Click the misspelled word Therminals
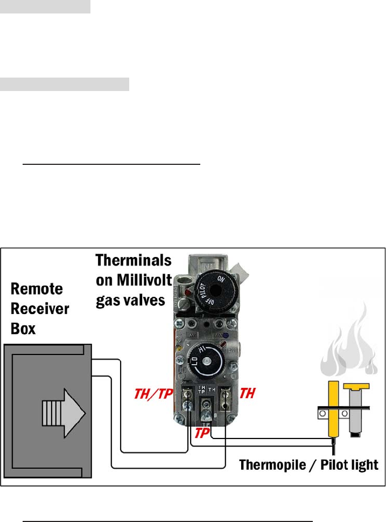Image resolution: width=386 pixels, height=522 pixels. (x=134, y=261)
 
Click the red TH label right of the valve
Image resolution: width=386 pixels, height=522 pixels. (x=247, y=394)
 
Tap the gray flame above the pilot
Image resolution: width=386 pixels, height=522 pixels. (x=350, y=345)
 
